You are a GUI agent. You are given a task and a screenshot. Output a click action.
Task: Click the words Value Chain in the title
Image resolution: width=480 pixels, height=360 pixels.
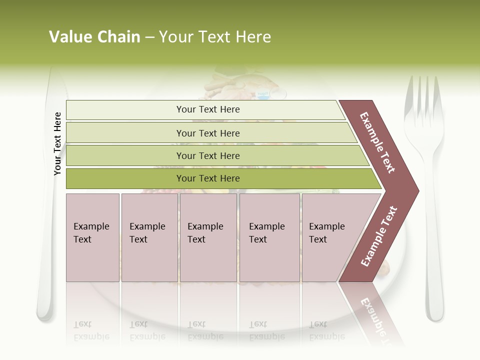(x=94, y=37)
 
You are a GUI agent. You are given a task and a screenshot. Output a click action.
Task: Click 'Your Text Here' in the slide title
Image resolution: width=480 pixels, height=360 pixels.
(x=215, y=37)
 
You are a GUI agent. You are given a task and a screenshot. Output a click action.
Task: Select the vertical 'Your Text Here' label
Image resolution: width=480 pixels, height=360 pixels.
(x=57, y=144)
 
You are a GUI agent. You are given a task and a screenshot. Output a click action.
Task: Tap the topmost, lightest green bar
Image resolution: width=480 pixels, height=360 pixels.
(x=207, y=109)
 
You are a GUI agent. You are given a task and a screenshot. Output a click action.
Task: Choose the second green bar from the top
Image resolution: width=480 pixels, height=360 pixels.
(x=207, y=133)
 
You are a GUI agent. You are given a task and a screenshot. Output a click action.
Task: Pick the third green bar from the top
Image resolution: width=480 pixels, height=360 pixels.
(x=207, y=155)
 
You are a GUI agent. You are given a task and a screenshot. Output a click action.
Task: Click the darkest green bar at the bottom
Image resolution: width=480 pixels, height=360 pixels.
(x=207, y=178)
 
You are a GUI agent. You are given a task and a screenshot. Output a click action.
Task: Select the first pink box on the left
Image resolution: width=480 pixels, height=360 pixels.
(x=92, y=237)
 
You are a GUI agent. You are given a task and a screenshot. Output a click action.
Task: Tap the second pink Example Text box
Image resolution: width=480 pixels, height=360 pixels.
(x=149, y=237)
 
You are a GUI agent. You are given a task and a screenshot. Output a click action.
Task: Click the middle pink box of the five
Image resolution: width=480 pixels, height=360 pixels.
(x=208, y=237)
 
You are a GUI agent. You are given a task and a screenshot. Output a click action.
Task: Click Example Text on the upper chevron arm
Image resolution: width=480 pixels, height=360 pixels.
(x=377, y=142)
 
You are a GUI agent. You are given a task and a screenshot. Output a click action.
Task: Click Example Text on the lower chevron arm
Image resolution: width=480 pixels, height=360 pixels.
(x=379, y=236)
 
